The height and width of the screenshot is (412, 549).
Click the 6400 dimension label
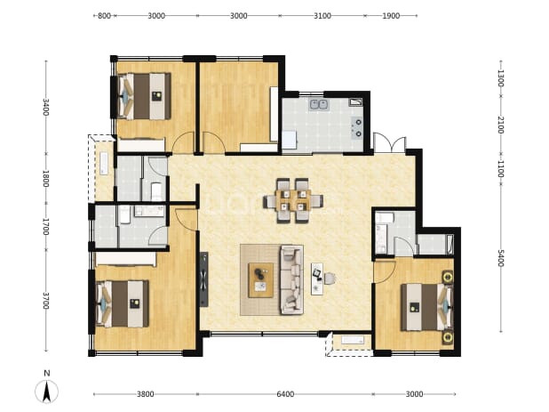tap(285, 394)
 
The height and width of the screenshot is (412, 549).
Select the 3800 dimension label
tap(146, 394)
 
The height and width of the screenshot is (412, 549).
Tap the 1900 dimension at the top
tap(391, 16)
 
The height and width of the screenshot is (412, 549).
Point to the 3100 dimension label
tap(322, 16)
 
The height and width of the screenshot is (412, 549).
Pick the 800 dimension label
tap(104, 16)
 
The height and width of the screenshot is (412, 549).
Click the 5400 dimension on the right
tap(501, 258)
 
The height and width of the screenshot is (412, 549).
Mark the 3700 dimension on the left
tap(46, 301)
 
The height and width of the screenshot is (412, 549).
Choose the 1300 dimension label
tap(501, 78)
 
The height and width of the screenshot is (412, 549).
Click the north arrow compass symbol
tap(46, 392)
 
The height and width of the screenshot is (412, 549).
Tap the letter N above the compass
tap(46, 373)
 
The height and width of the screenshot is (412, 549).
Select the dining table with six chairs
tap(293, 201)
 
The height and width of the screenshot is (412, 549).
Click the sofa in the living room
tap(291, 279)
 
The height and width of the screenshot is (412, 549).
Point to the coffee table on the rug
tap(260, 280)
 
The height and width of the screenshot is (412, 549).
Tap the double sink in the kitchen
tap(318, 104)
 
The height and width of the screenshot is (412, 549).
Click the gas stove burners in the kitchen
tap(357, 128)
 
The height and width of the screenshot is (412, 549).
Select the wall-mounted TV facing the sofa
tap(203, 279)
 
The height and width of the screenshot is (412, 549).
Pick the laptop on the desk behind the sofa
tap(317, 274)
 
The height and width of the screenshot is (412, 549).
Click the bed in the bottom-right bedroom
tap(427, 307)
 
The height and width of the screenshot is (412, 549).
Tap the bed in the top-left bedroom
tap(144, 96)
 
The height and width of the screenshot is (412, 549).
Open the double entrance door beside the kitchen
tap(390, 143)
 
